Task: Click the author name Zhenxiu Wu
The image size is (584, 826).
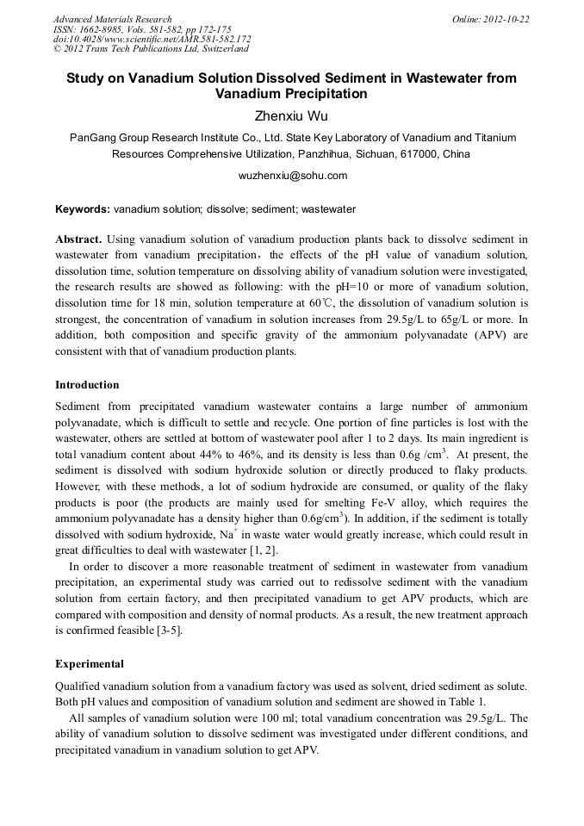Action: click(291, 114)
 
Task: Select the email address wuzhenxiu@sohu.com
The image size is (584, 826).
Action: click(291, 176)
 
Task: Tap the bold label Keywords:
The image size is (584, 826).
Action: click(83, 209)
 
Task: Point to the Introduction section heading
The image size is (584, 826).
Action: click(87, 384)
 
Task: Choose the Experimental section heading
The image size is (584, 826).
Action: click(90, 664)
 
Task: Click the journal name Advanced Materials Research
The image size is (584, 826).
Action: click(112, 19)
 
